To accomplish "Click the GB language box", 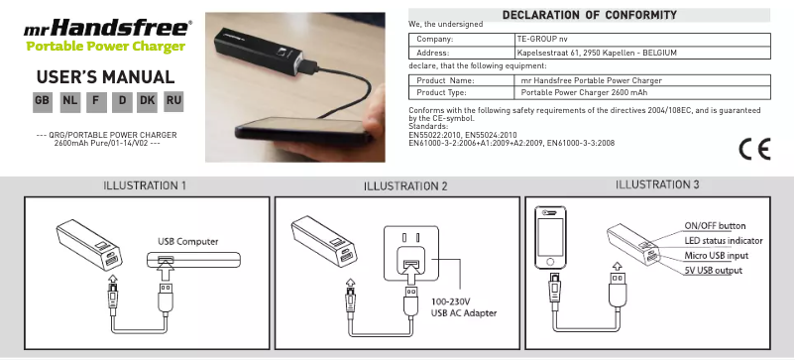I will click(43, 101).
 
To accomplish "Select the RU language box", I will click(173, 101).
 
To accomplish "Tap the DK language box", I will click(148, 101).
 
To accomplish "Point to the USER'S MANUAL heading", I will click(105, 77).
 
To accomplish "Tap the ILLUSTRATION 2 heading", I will click(406, 186).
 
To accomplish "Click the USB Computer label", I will click(188, 241).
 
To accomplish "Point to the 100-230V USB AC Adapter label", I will click(464, 307).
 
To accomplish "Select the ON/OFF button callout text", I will click(715, 225).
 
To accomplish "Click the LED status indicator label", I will click(723, 240).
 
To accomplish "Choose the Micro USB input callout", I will click(716, 255).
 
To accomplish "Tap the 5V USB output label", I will click(713, 270).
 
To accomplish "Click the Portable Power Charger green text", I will click(105, 48).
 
